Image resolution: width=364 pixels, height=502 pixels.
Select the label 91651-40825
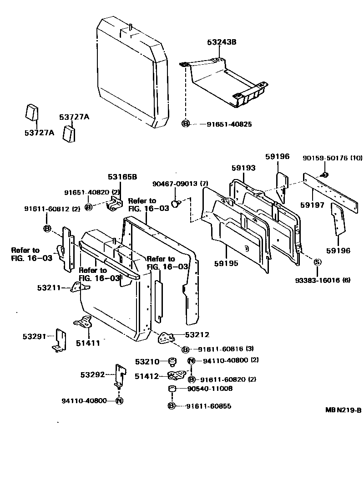[222, 124]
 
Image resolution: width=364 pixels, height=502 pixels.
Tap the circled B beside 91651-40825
[186, 124]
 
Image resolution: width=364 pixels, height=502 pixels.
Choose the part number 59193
[243, 168]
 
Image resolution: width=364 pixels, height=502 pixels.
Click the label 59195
[225, 263]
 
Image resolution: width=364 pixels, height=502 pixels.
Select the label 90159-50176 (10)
[333, 158]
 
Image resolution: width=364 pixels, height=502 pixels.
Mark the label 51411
[87, 343]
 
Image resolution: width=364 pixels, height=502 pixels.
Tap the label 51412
[147, 376]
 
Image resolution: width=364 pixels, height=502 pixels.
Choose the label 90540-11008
[210, 389]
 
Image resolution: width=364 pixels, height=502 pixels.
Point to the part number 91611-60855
[208, 406]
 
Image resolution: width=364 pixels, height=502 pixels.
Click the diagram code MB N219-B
[343, 410]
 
